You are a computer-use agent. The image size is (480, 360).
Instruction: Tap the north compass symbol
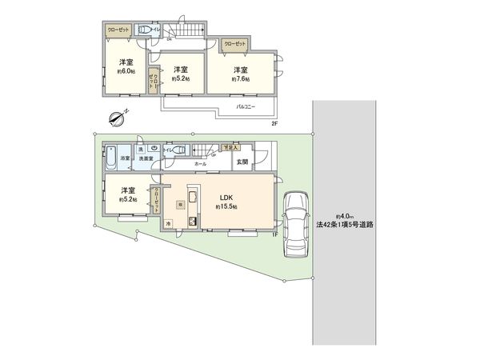[116, 119]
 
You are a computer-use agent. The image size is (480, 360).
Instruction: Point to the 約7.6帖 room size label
[241, 79]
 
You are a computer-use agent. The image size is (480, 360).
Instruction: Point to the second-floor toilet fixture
[146, 30]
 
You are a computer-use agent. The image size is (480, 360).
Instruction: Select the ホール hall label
[201, 163]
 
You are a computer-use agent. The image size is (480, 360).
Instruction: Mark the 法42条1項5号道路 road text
[345, 225]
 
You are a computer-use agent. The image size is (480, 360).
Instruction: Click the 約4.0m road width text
[344, 215]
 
